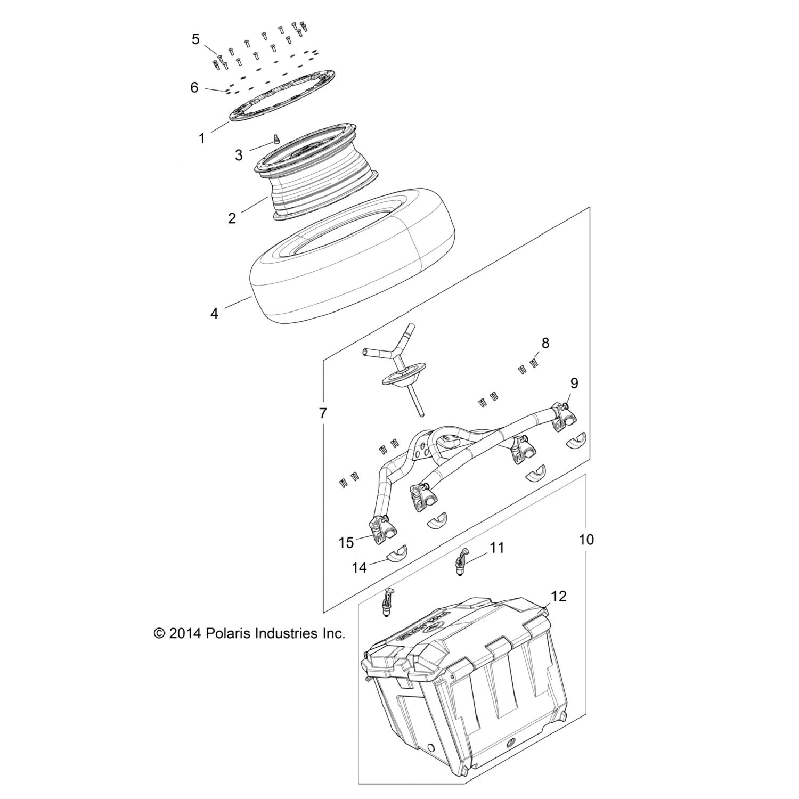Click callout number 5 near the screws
195,39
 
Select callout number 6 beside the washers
194,87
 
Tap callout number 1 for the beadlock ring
202,138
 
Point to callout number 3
239,155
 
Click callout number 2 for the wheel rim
232,218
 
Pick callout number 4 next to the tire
214,314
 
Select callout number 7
322,413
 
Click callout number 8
545,343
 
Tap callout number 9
574,383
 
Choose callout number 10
586,540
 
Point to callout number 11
496,548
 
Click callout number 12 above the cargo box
559,597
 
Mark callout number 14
360,567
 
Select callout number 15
346,542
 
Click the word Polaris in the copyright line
228,634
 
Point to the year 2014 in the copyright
184,634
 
